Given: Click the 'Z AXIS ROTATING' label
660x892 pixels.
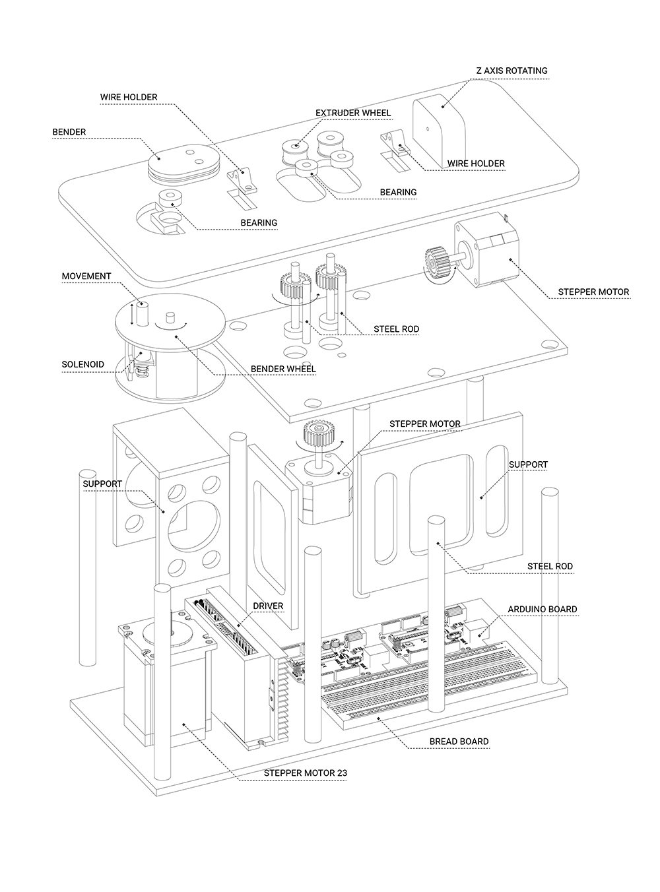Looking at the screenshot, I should click(x=511, y=71).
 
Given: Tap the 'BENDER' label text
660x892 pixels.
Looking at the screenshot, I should click(x=69, y=132).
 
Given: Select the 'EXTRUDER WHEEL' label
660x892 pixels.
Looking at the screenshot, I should click(x=353, y=113).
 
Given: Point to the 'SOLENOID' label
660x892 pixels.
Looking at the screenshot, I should click(x=83, y=364).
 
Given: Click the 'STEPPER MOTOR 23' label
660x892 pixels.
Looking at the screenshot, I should click(x=305, y=773).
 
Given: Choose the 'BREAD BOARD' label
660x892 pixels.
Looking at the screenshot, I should click(x=459, y=741).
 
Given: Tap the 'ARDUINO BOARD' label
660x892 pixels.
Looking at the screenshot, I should click(x=542, y=609).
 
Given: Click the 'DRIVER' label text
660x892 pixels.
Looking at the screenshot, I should click(x=268, y=606).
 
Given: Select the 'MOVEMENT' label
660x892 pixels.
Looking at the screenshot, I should click(x=86, y=276).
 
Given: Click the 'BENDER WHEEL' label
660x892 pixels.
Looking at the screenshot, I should click(x=283, y=368).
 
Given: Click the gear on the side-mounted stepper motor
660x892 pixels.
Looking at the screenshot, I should click(x=438, y=263).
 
